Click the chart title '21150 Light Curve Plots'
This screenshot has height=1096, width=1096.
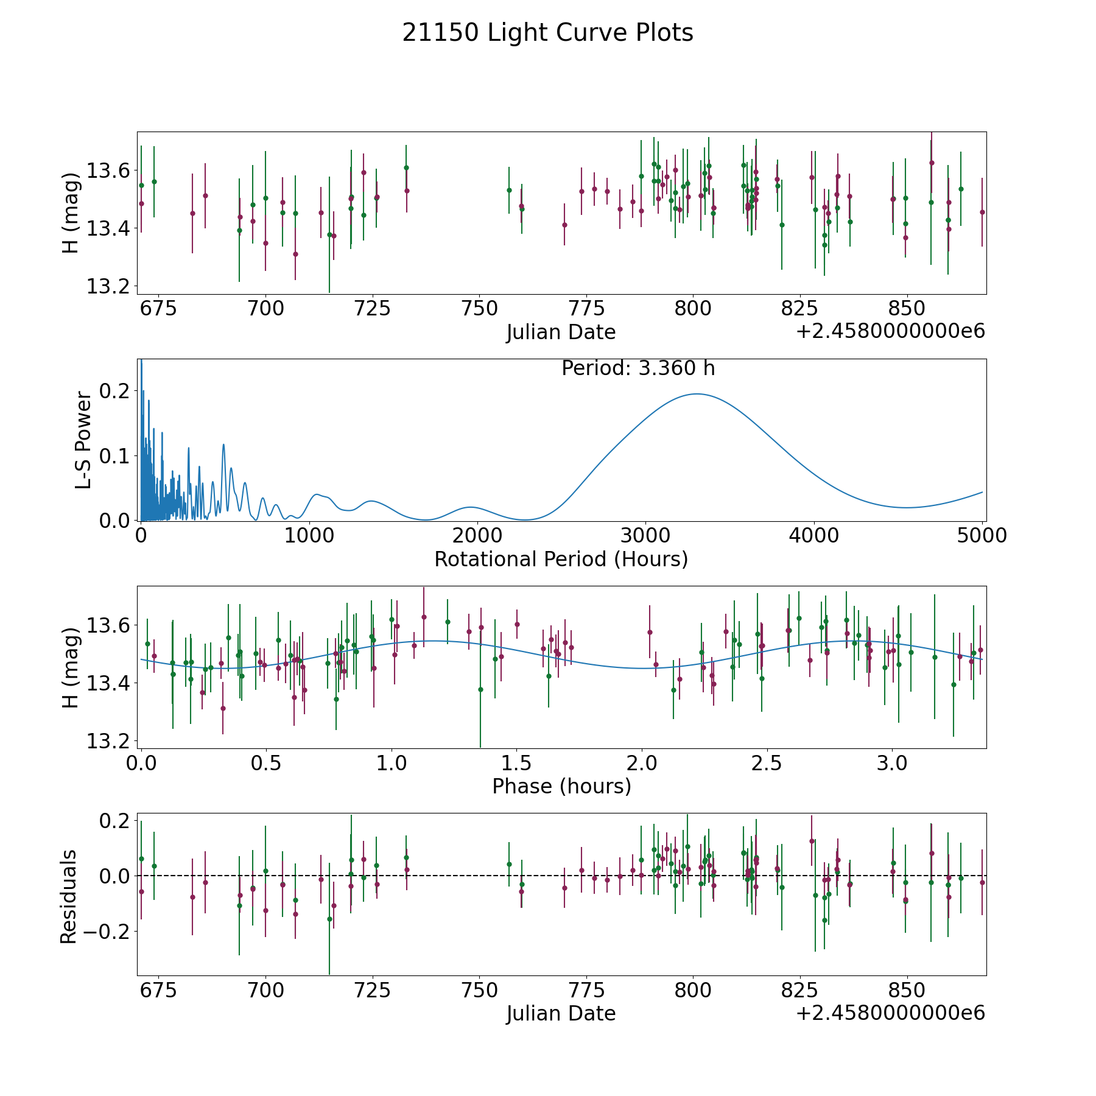[547, 33]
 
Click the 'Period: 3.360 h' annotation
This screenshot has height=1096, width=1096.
[638, 368]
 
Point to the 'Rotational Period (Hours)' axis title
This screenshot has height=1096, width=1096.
[561, 559]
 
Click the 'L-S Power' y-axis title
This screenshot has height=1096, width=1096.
[83, 440]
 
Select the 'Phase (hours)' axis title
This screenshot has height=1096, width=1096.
[561, 786]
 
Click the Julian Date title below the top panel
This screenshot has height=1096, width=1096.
[561, 332]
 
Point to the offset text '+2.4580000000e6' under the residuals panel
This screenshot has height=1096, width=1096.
[890, 1013]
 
